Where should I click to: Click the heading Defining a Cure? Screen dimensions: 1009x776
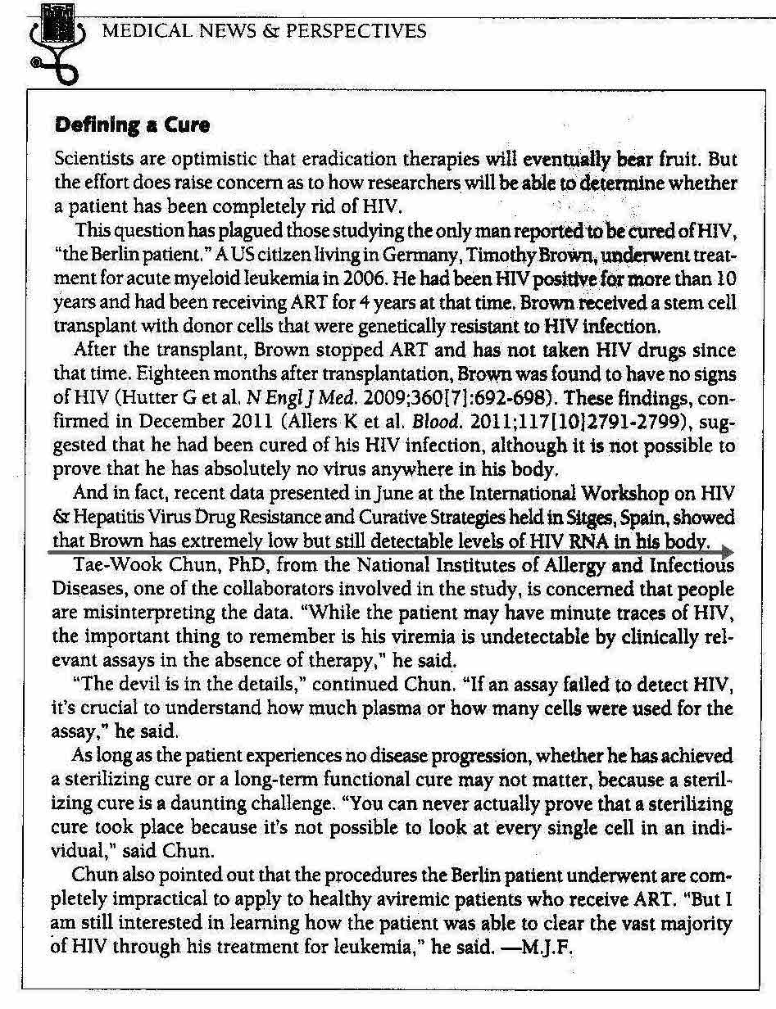tap(131, 125)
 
